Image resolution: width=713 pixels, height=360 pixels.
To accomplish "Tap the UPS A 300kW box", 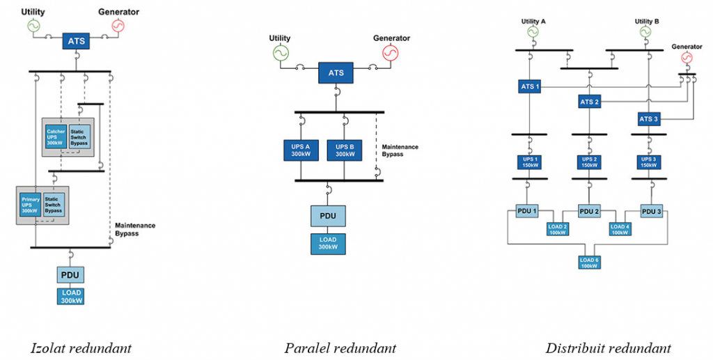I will (301, 150).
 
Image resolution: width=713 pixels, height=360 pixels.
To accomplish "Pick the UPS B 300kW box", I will (346, 150).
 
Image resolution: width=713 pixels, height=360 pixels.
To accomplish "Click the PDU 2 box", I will (590, 211).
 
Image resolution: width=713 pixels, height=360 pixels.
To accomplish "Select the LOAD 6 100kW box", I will (589, 263).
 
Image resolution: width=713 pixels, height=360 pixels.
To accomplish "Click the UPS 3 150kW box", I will (649, 162).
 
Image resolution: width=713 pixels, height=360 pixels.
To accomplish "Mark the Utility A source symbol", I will (533, 32).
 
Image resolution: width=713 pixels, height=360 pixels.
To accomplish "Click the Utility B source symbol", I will (648, 32).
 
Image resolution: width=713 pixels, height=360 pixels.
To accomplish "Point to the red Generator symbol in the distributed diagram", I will (687, 58).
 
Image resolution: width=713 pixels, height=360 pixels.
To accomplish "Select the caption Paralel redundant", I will (340, 347).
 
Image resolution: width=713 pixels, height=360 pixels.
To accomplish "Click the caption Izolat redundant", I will (81, 347).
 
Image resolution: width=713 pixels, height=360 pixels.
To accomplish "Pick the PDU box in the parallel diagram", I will (327, 216).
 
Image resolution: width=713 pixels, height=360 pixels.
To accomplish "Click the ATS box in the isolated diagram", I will (77, 41).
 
